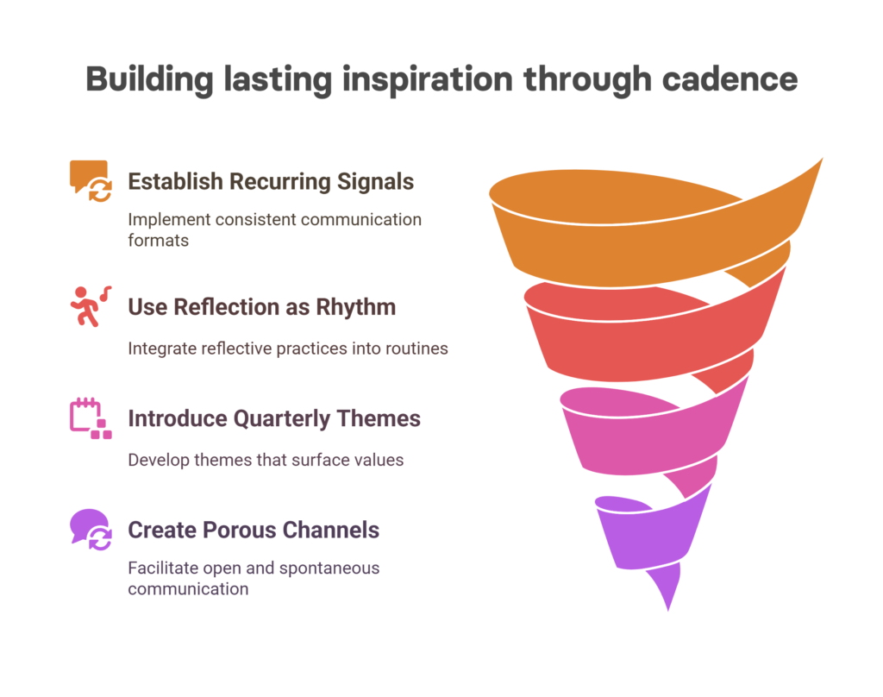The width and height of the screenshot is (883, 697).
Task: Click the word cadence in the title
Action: coord(730,79)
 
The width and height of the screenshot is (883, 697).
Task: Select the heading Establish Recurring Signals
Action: coord(271,182)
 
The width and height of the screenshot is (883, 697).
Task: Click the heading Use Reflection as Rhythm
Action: coord(262,307)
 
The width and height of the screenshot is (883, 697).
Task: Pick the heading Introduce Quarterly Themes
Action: coord(274,418)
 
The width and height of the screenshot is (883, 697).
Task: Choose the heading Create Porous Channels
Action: coord(254,531)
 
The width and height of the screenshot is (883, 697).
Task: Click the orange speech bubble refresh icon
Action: coord(91,181)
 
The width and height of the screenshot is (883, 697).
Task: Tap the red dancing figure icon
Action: coord(91,306)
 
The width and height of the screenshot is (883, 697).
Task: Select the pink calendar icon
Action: coord(91,418)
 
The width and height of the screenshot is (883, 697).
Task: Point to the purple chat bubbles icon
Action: coord(91,530)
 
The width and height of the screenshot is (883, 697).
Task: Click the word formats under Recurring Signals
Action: coord(159,241)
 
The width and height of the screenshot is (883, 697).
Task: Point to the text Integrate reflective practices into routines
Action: coord(288,348)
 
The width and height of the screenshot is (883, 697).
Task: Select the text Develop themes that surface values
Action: coord(266,461)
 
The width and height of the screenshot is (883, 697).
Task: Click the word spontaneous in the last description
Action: coord(329,568)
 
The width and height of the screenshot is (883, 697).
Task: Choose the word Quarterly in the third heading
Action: coord(282,419)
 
